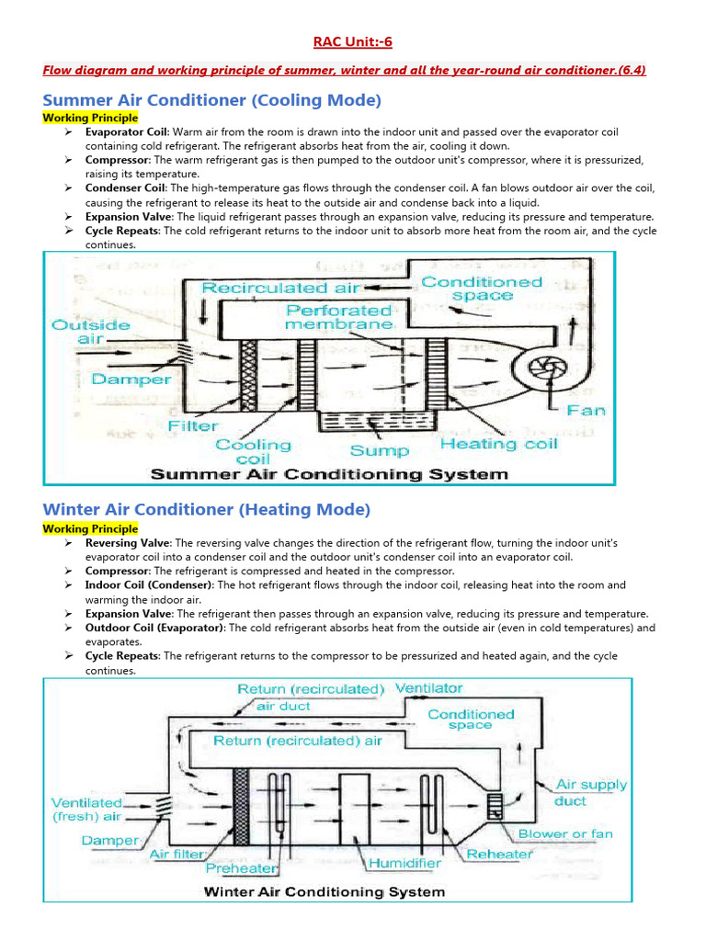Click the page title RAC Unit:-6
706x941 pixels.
point(353,42)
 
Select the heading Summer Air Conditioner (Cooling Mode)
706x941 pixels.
point(212,100)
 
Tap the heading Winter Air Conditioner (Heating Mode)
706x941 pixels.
point(207,509)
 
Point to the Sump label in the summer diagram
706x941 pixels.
point(380,450)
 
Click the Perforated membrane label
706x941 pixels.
point(339,317)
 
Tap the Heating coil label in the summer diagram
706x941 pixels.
point(498,444)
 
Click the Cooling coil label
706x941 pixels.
point(253,451)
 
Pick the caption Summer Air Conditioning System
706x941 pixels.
point(329,474)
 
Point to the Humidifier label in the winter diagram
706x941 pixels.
point(404,864)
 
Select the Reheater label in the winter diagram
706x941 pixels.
point(499,854)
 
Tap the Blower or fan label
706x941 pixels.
point(565,833)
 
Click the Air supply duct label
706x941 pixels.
point(591,792)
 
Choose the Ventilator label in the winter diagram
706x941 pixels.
point(429,687)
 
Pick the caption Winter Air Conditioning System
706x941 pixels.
point(324,891)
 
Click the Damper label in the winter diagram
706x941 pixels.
point(110,840)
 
